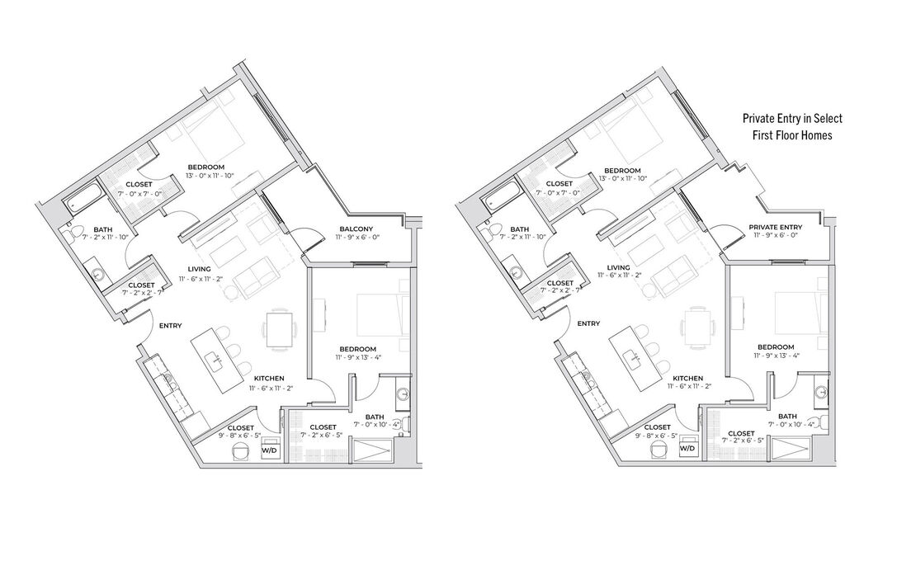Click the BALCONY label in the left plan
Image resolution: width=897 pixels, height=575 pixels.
click(x=355, y=229)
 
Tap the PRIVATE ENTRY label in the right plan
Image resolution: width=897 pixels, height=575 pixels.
click(x=775, y=227)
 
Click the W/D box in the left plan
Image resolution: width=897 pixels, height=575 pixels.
click(x=270, y=450)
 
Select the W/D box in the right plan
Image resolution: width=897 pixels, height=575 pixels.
click(x=687, y=449)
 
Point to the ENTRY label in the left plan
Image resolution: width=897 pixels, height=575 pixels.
click(x=171, y=326)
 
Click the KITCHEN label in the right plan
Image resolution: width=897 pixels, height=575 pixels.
click(x=687, y=378)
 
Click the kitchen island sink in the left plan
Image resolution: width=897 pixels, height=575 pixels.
click(x=218, y=360)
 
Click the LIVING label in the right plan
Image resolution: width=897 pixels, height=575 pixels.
click(x=618, y=267)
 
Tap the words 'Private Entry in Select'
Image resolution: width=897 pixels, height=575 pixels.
click(x=792, y=119)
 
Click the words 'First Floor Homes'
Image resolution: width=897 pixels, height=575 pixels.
click(x=792, y=135)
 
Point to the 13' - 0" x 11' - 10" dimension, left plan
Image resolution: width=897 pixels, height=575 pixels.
click(x=210, y=175)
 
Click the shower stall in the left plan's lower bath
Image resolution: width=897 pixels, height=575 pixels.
click(x=373, y=451)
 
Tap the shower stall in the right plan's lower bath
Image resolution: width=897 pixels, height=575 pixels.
click(x=790, y=450)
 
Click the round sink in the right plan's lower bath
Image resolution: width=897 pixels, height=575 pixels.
click(x=821, y=393)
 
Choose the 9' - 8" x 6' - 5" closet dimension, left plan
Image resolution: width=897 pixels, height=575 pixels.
click(x=239, y=435)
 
